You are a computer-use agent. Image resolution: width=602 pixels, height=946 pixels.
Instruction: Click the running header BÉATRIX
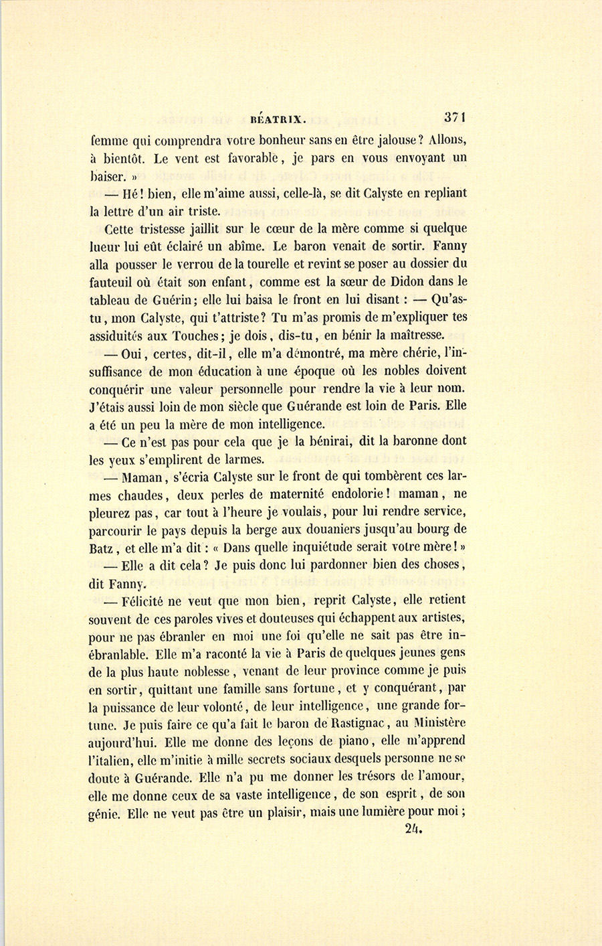[x=278, y=120]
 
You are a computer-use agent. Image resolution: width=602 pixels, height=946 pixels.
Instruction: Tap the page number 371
[x=454, y=116]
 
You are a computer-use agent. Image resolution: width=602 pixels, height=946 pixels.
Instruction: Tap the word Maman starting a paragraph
[x=143, y=477]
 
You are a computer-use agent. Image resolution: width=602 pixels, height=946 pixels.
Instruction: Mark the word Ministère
[x=438, y=723]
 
